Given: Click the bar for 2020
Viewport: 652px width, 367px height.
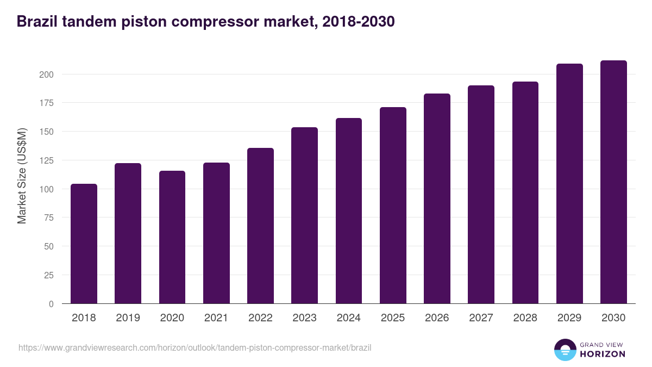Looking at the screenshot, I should click(172, 237).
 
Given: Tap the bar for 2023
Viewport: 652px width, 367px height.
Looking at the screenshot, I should click(304, 215).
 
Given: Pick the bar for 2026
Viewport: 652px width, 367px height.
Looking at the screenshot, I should click(437, 198).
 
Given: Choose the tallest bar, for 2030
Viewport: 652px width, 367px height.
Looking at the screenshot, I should click(613, 182).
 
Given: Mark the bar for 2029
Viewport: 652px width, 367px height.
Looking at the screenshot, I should click(569, 184).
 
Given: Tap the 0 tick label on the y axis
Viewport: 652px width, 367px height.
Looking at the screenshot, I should click(52, 304).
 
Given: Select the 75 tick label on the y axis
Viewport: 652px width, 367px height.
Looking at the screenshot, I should click(49, 218).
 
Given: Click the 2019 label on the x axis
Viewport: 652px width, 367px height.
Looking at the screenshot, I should click(128, 318).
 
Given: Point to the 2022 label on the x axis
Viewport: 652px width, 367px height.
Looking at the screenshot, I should click(260, 318).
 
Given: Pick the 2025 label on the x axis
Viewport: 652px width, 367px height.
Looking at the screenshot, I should click(393, 318).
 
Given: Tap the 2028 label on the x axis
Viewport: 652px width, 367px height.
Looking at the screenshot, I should click(525, 318).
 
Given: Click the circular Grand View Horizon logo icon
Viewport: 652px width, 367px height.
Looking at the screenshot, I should click(565, 350).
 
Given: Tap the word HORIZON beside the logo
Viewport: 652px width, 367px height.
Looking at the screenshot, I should click(603, 354).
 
